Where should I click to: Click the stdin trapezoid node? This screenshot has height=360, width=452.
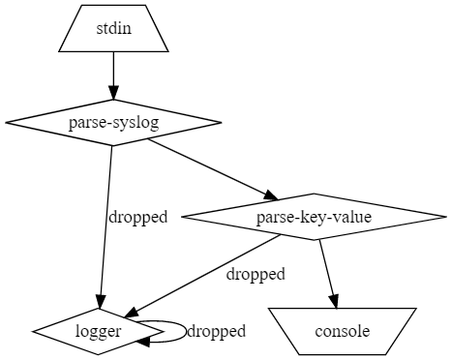click(x=113, y=28)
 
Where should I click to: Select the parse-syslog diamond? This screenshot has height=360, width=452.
click(x=113, y=122)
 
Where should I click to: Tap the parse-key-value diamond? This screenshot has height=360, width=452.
click(x=314, y=216)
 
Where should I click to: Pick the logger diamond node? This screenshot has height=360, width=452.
click(x=98, y=331)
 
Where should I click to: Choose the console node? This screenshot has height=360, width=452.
click(x=342, y=331)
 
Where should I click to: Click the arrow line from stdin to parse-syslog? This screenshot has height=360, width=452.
click(x=113, y=73)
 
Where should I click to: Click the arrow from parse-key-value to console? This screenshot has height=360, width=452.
click(x=327, y=271)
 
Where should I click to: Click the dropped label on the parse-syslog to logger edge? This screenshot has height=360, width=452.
click(x=137, y=217)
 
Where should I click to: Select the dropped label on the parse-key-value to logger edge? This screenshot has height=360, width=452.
click(x=256, y=274)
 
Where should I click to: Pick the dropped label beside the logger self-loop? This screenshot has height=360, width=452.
click(x=216, y=331)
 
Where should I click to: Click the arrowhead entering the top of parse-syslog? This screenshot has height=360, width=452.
click(x=113, y=93)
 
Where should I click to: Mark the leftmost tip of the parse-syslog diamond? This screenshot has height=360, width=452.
click(x=6, y=122)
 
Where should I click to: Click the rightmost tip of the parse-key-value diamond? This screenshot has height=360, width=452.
click(x=446, y=216)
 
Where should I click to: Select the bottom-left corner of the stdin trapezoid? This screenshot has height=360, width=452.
click(x=60, y=50)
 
